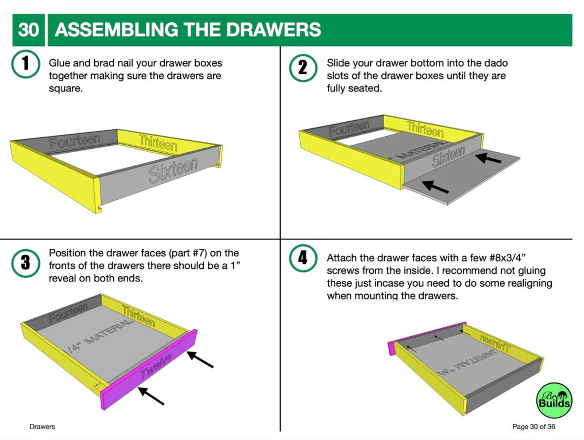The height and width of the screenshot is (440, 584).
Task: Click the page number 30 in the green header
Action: pyautogui.click(x=28, y=30)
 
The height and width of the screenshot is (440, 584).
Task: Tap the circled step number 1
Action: pyautogui.click(x=25, y=64)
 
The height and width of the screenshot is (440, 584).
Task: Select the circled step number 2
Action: pyautogui.click(x=303, y=68)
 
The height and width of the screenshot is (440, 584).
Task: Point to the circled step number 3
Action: pyautogui.click(x=25, y=263)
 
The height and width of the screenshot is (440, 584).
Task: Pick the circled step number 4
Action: pyautogui.click(x=303, y=258)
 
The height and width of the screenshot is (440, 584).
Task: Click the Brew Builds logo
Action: pyautogui.click(x=554, y=400)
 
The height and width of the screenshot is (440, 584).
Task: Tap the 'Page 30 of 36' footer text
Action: pyautogui.click(x=533, y=426)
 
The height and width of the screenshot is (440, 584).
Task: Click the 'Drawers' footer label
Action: pyautogui.click(x=42, y=426)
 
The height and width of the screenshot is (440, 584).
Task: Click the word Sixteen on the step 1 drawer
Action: pyautogui.click(x=173, y=170)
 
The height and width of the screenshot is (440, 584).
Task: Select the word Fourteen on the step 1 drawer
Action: pyautogui.click(x=74, y=141)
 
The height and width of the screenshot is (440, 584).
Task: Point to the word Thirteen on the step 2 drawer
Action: pyautogui.click(x=425, y=129)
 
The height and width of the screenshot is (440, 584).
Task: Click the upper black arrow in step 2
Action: pyautogui.click(x=488, y=158)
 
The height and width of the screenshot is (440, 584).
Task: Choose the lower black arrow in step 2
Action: pyautogui.click(x=435, y=187)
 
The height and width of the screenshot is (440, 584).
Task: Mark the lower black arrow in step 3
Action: pyautogui.click(x=151, y=396)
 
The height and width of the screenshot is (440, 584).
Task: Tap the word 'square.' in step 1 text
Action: pyautogui.click(x=66, y=89)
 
